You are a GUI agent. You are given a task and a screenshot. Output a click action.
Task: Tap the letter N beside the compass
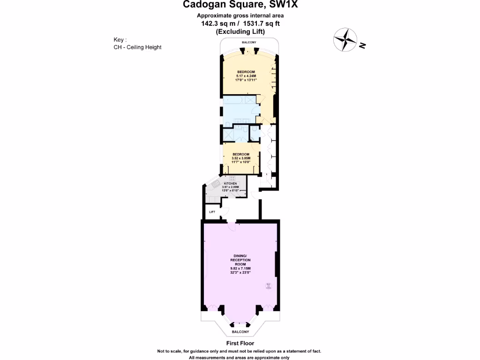(x=362, y=45)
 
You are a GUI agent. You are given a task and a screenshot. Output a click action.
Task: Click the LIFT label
(x=212, y=212)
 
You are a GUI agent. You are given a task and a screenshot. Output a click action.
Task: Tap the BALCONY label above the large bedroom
(x=248, y=43)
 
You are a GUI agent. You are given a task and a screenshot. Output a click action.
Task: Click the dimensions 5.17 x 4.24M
(x=246, y=75)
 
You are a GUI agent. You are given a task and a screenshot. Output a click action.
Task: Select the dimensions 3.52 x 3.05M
(x=241, y=158)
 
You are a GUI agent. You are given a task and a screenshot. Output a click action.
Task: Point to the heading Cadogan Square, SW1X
(x=240, y=5)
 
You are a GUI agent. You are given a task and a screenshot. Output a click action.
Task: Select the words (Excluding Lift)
(x=240, y=31)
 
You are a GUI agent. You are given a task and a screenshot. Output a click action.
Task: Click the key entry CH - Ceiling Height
(x=137, y=47)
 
